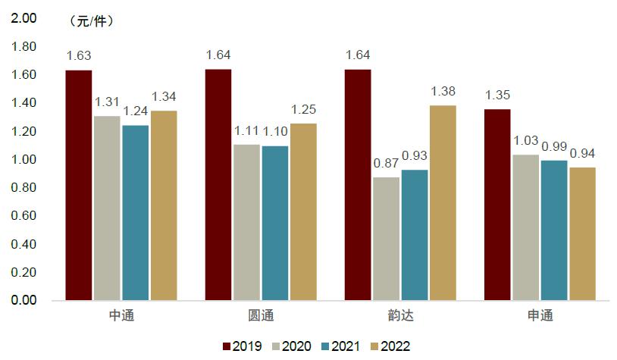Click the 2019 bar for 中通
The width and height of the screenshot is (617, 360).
tap(78, 186)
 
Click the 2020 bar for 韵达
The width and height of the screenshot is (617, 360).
tap(387, 239)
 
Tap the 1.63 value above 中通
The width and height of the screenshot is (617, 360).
tap(78, 55)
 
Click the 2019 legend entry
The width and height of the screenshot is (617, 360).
tap(241, 346)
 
